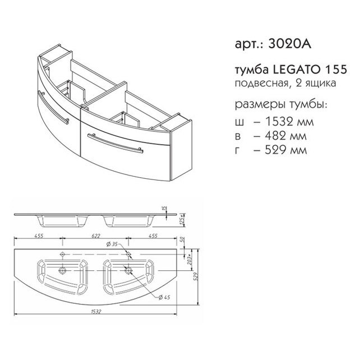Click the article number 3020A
pos(290,44)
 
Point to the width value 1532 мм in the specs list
pos(289,122)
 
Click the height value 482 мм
pos(286,136)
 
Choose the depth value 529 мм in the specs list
pos(286,150)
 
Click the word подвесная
pos(261,83)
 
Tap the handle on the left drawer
pos(53,108)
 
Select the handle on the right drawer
pos(115,143)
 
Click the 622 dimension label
pos(95,236)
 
